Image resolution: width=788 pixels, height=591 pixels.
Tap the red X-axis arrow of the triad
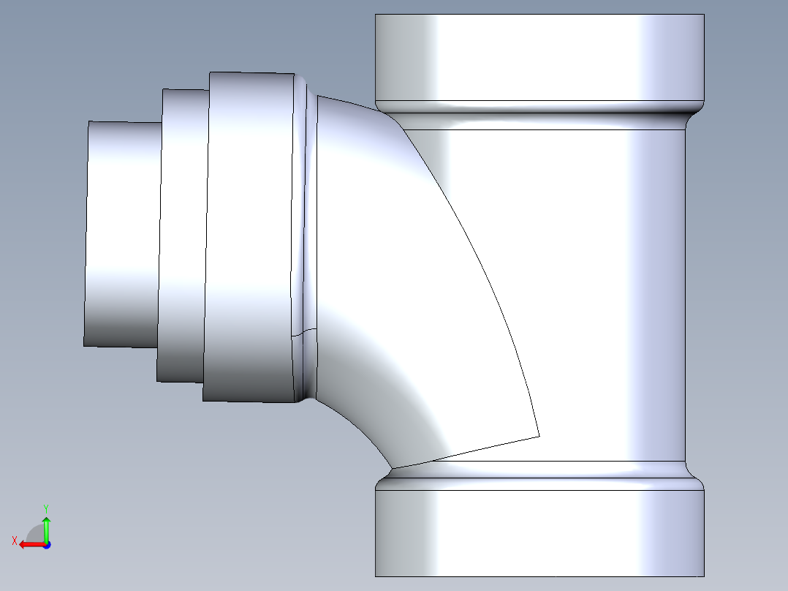click(x=29, y=544)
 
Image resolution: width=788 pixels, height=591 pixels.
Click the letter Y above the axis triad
click(x=45, y=508)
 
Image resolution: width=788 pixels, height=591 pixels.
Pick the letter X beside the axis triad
click(x=14, y=541)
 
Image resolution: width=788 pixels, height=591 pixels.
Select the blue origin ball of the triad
click(x=46, y=544)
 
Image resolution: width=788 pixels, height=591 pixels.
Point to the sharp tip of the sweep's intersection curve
click(x=539, y=436)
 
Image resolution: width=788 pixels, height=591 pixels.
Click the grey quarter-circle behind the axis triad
click(x=34, y=532)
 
